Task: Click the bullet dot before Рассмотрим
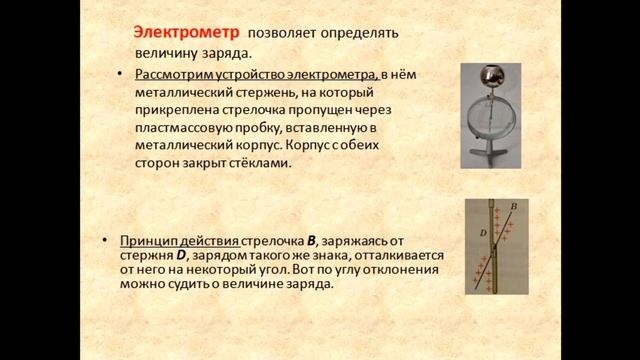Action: tap(119, 74)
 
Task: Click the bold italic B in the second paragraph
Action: tap(312, 240)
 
